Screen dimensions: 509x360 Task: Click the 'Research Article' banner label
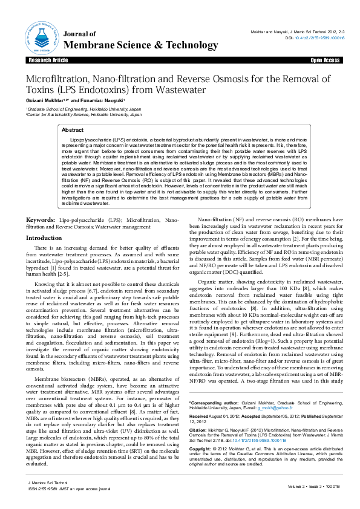tap(48, 61)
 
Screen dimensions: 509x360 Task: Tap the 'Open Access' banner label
tap(325, 61)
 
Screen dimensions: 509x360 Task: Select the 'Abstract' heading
tap(73, 130)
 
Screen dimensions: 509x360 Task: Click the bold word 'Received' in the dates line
tap(200, 416)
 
